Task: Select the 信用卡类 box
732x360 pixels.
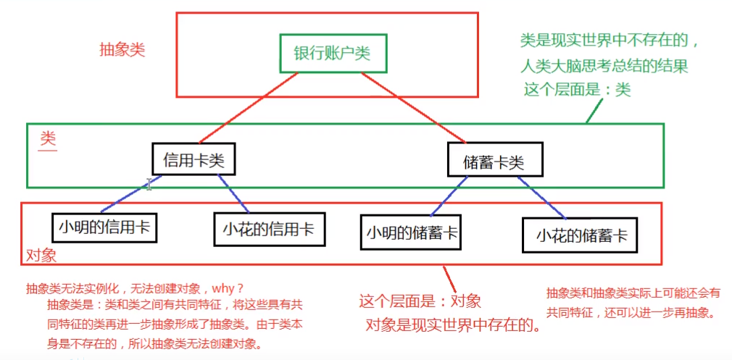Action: (194, 159)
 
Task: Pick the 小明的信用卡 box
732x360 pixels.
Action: (105, 227)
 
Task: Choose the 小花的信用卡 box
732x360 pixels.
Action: (269, 229)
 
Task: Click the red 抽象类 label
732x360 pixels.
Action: (122, 50)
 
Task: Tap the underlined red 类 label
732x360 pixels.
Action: (48, 138)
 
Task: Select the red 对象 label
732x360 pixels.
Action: (41, 256)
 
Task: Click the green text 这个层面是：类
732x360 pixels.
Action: (577, 89)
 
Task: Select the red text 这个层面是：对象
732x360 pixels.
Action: (420, 301)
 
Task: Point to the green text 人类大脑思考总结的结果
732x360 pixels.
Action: (604, 66)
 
